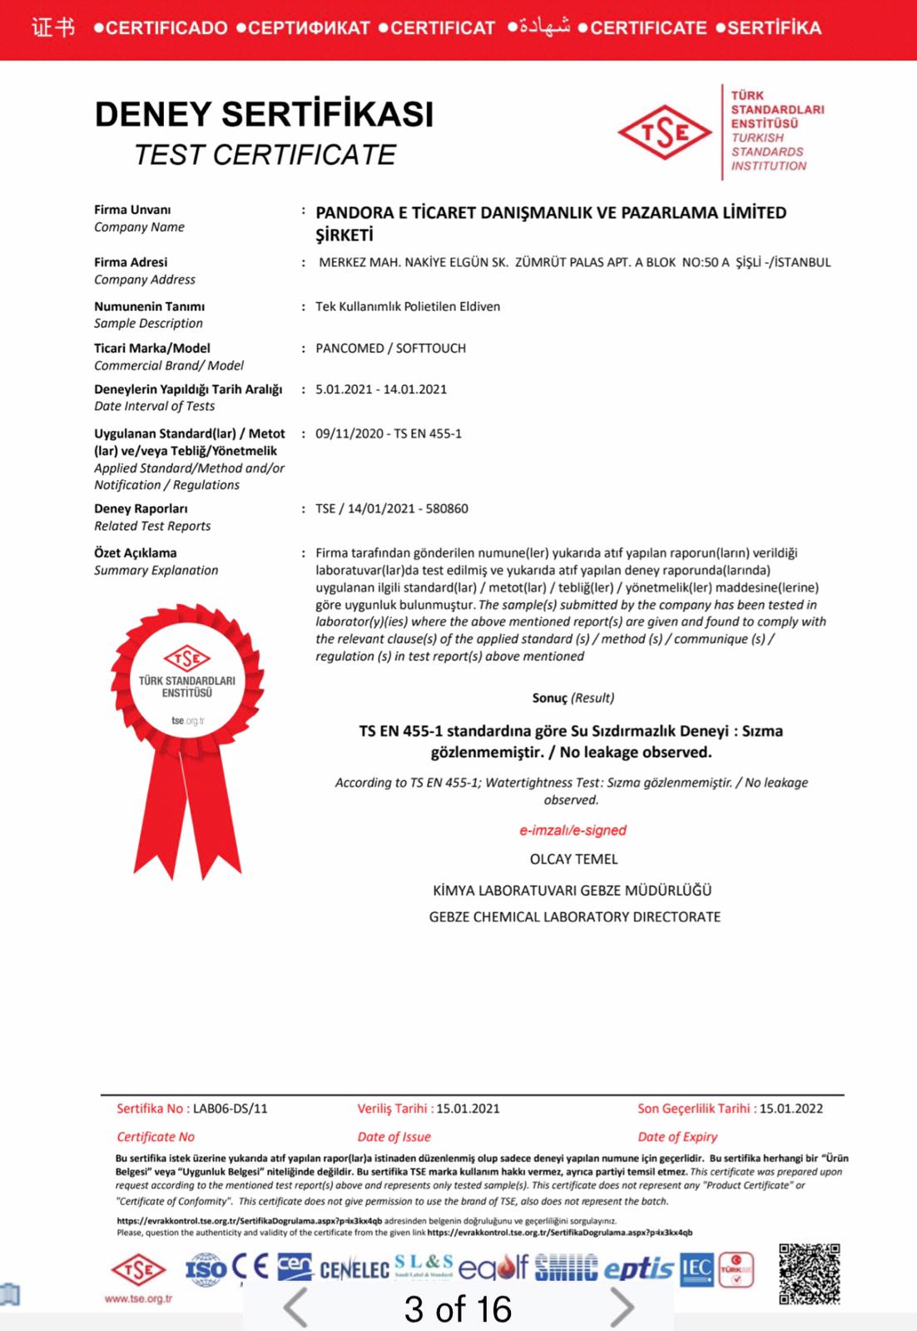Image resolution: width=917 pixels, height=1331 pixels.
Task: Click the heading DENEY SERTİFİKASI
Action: tap(264, 114)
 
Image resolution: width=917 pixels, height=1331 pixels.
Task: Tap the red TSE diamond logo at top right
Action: tap(665, 132)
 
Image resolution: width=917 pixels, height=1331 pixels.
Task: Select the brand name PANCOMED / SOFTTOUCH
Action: tap(390, 348)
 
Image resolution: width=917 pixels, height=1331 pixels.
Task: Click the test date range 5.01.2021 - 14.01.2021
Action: tap(381, 389)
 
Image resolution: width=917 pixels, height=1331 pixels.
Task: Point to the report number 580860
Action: tap(447, 508)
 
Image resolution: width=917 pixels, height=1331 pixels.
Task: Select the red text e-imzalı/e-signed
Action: tap(573, 830)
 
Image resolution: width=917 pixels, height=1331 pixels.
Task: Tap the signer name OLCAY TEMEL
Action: tap(573, 858)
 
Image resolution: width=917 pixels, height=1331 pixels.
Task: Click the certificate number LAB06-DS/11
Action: tap(230, 1108)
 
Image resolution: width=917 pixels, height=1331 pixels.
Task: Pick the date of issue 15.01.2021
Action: tap(468, 1108)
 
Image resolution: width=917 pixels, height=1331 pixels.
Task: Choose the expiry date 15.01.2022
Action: tap(791, 1108)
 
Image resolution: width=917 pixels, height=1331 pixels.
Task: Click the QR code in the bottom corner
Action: tap(809, 1273)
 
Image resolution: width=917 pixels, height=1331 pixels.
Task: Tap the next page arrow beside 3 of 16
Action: tap(622, 1308)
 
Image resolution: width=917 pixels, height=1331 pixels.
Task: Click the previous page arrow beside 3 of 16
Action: tap(296, 1308)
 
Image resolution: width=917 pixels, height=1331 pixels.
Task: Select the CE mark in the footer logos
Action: tap(250, 1268)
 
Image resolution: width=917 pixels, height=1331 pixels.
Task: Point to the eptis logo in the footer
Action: tap(638, 1269)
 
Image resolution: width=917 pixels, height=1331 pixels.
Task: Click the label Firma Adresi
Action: tap(131, 262)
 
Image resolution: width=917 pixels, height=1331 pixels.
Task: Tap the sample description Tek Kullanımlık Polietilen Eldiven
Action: tap(408, 306)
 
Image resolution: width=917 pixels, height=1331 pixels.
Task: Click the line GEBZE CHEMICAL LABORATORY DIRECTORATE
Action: tap(574, 917)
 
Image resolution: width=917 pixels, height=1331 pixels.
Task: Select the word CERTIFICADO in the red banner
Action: tap(166, 27)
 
